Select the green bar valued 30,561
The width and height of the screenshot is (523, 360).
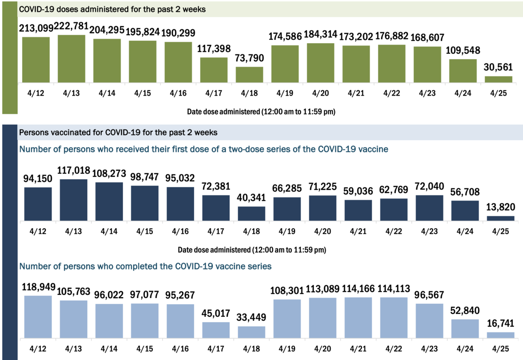(499, 79)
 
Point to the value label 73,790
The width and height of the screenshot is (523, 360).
(249, 59)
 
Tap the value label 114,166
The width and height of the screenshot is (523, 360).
(358, 289)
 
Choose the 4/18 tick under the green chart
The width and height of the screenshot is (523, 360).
(249, 93)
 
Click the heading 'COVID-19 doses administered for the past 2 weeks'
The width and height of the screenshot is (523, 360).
(112, 9)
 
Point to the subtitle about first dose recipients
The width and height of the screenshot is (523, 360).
(204, 150)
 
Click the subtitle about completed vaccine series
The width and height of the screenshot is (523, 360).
(145, 266)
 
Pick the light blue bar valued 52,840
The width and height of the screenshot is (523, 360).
(465, 329)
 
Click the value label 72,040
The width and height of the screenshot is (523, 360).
(429, 187)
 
